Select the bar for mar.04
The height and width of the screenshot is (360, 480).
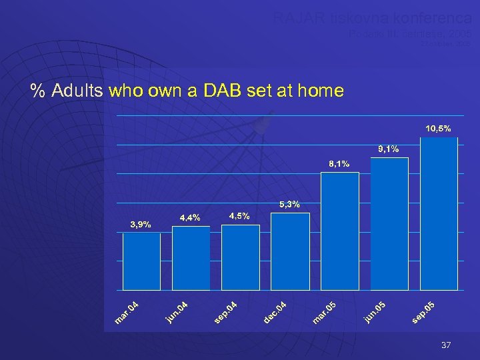tap(141, 261)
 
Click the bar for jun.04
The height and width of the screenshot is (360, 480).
tap(191, 258)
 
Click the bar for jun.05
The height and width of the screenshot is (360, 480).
tap(389, 223)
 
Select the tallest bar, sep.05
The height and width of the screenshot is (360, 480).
tap(439, 213)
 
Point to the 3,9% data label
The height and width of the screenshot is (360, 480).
tap(141, 225)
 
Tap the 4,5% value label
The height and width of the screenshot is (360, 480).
tap(239, 216)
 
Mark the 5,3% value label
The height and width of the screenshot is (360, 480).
tap(289, 204)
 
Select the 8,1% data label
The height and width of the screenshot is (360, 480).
tap(339, 163)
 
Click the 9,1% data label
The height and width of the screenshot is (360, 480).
tap(388, 149)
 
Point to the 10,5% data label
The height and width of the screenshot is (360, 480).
tap(438, 127)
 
